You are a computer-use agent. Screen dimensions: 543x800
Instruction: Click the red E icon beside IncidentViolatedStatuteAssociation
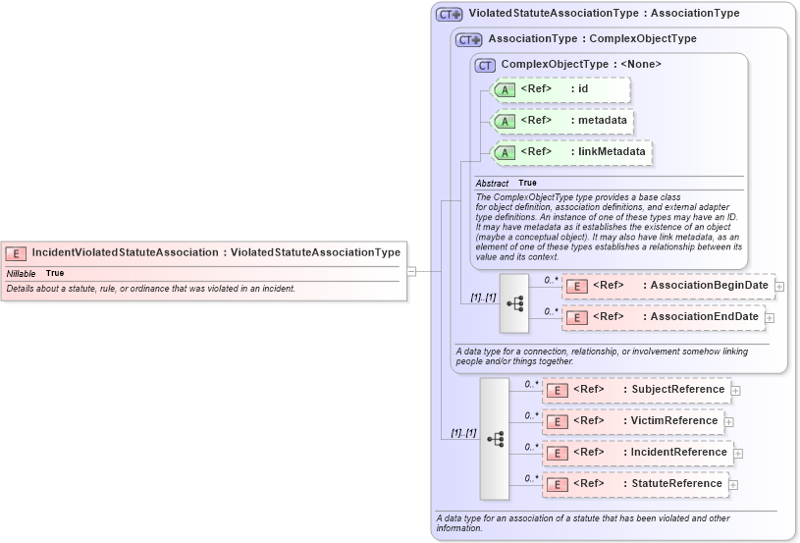coord(16,252)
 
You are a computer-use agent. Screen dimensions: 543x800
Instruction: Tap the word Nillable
coord(22,272)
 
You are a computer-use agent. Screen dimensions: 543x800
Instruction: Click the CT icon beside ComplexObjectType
coord(485,65)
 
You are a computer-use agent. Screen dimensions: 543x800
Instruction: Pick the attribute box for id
coord(560,89)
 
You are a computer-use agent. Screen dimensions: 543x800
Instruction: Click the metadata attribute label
coord(602,120)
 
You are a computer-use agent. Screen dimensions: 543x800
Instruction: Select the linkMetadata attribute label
coord(611,151)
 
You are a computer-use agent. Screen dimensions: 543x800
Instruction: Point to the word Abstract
coord(492,183)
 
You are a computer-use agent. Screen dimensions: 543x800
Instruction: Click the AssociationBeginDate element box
coord(667,286)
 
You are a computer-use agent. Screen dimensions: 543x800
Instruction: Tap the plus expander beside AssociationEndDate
coord(771,317)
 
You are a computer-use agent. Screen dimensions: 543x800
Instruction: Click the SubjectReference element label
coord(677,390)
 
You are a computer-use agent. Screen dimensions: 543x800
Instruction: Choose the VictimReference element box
coord(633,421)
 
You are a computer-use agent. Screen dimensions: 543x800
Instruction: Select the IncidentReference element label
coord(678,452)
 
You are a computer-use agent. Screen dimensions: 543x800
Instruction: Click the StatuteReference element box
coord(635,483)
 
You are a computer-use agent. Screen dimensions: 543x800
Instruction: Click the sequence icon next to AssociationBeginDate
coord(514,302)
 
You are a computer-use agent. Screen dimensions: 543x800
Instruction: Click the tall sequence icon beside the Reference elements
coord(495,438)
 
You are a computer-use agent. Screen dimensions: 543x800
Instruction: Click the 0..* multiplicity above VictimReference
coord(530,415)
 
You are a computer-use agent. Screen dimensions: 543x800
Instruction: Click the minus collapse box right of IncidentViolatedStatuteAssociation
coord(412,271)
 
